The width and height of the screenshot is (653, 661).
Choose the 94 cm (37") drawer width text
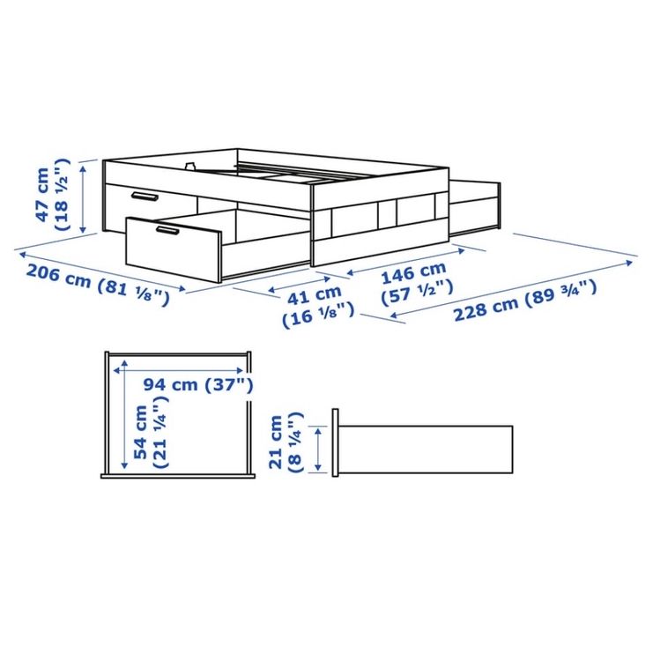coord(198,384)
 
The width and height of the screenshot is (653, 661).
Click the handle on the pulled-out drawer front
coord(167,230)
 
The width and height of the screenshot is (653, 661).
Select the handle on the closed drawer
coord(145,196)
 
